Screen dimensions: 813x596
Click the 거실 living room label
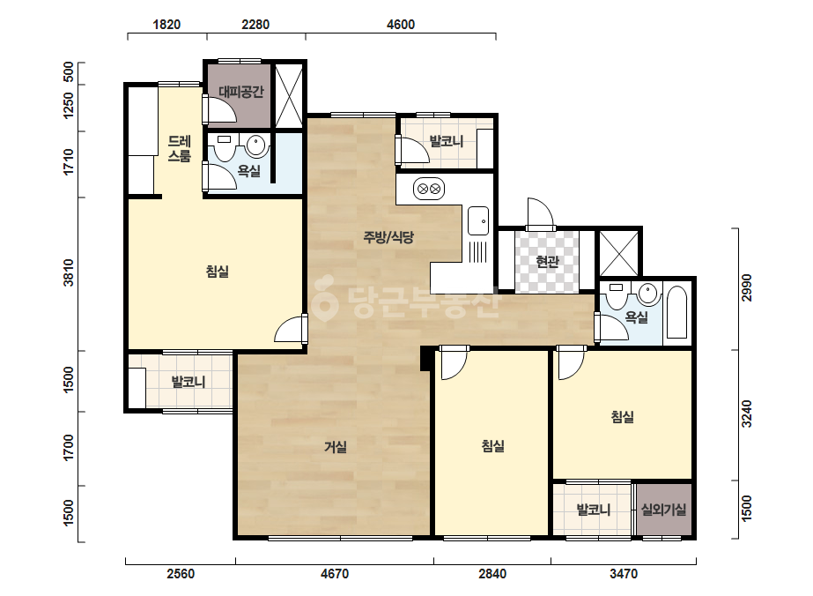(x=336, y=446)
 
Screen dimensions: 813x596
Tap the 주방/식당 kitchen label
(x=388, y=237)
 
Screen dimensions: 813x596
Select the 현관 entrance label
(x=547, y=261)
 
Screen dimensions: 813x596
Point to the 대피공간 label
(x=241, y=92)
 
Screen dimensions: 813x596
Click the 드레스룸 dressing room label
(x=180, y=148)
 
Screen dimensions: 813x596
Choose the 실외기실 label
(x=663, y=510)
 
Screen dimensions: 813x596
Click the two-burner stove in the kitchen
(x=429, y=189)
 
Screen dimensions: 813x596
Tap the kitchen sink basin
(x=477, y=220)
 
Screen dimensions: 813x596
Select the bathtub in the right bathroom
(x=676, y=312)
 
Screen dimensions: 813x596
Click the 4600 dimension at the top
(x=401, y=25)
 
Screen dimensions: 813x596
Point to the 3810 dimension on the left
(x=69, y=272)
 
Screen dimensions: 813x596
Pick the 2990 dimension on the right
(x=746, y=287)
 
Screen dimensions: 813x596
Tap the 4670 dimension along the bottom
(x=335, y=574)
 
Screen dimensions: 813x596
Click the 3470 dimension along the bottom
(x=624, y=574)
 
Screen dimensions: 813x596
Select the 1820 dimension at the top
(x=166, y=25)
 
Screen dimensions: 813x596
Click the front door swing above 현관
(x=540, y=212)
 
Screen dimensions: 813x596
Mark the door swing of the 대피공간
(x=220, y=108)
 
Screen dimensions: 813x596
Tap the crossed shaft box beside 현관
(x=619, y=253)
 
